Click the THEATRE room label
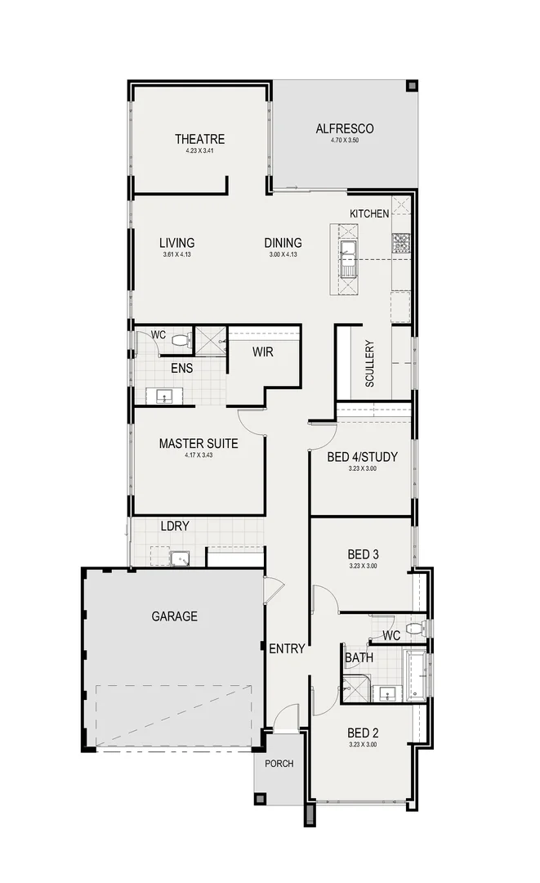click(199, 139)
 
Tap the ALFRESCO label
click(345, 128)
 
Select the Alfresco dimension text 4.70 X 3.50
click(345, 141)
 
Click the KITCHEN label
click(369, 213)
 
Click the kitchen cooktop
click(400, 242)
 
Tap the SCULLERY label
click(369, 363)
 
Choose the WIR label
click(263, 352)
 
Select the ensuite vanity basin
click(165, 397)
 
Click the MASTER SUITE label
click(199, 443)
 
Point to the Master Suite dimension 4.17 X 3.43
click(199, 455)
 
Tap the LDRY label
click(175, 527)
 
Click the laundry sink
click(179, 558)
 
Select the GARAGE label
click(175, 616)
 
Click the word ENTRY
click(287, 649)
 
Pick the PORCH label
click(279, 764)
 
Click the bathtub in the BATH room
click(417, 675)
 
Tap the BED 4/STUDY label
click(362, 457)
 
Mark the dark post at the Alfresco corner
click(412, 85)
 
